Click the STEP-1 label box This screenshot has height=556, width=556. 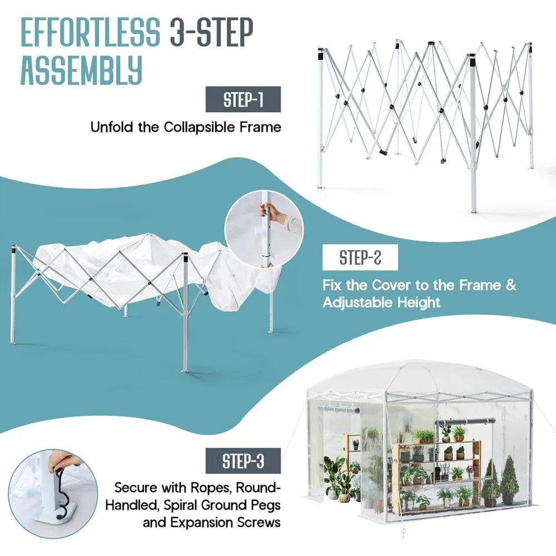(243, 100)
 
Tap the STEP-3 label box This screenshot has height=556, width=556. (243, 461)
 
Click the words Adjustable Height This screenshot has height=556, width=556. (381, 302)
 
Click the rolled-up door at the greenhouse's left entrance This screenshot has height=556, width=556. (339, 410)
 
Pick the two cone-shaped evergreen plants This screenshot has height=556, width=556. (500, 481)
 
